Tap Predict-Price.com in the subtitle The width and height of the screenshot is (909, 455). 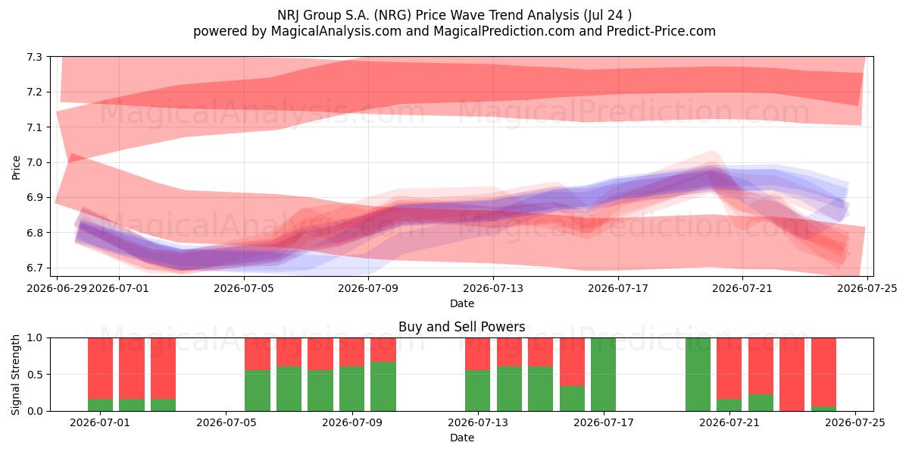pyautogui.click(x=661, y=31)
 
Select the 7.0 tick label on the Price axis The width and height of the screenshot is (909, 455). pyautogui.click(x=35, y=162)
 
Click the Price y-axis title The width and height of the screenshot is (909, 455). pyautogui.click(x=16, y=168)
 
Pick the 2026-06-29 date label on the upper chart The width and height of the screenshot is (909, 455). pyautogui.click(x=57, y=288)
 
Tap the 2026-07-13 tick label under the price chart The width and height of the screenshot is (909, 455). pyautogui.click(x=493, y=288)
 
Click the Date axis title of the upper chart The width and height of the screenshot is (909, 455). pyautogui.click(x=462, y=303)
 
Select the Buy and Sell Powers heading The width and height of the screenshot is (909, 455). pyautogui.click(x=462, y=327)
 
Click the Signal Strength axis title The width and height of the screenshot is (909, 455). pyautogui.click(x=16, y=375)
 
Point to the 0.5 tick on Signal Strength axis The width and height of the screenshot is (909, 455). pyautogui.click(x=35, y=374)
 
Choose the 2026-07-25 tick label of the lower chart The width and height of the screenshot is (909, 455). pyautogui.click(x=855, y=423)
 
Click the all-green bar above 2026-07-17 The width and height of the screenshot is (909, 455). pyautogui.click(x=604, y=374)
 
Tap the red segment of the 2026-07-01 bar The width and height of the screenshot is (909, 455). pyautogui.click(x=100, y=368)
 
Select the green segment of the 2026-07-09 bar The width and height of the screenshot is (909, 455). pyautogui.click(x=383, y=386)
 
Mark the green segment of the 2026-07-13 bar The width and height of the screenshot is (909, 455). pyautogui.click(x=478, y=391)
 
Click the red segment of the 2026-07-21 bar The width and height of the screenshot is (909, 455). pyautogui.click(x=729, y=368)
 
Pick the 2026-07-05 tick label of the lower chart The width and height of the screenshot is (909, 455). pyautogui.click(x=226, y=423)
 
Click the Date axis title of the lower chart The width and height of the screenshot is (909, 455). pyautogui.click(x=462, y=438)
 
